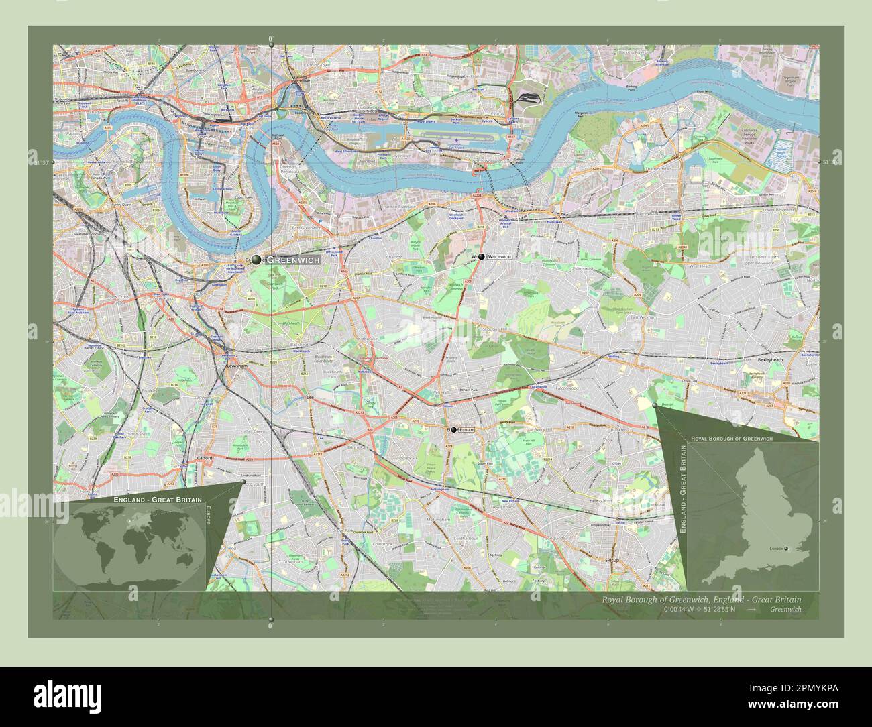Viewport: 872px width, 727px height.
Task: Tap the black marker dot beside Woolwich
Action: [482, 257]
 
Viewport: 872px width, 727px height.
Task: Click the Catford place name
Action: [204, 458]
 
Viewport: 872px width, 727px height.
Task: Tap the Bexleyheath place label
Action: [770, 360]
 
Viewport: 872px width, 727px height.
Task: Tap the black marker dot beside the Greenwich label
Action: [256, 259]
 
